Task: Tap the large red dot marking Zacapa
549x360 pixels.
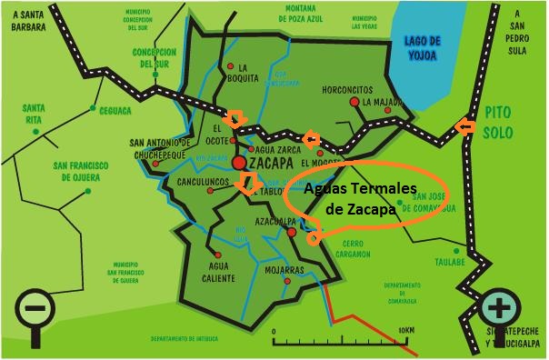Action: coord(239,163)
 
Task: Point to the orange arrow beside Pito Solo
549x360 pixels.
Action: coord(464,128)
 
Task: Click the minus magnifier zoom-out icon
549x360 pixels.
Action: coord(34,309)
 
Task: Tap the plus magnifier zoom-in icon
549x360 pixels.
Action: coord(497,306)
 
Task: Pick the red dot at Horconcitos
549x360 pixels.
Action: coord(354,103)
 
